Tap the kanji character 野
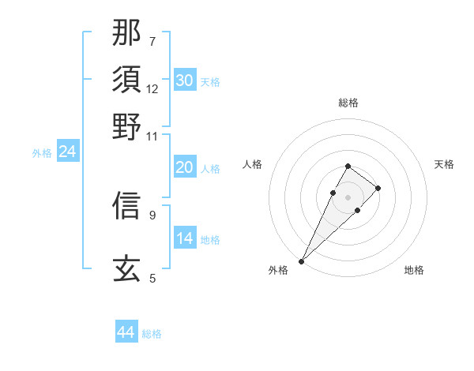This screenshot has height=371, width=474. click(126, 126)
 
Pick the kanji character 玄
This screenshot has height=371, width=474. click(126, 268)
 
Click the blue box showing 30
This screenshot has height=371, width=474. click(185, 81)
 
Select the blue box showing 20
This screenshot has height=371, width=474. click(185, 167)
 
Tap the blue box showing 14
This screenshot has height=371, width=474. click(185, 238)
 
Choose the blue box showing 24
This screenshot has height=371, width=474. click(68, 152)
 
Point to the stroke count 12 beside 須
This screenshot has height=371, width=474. click(152, 88)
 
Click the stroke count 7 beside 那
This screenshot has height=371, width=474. click(152, 40)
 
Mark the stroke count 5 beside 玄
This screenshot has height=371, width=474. click(152, 277)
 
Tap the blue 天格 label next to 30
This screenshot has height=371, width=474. click(210, 82)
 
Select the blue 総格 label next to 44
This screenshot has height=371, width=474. click(152, 334)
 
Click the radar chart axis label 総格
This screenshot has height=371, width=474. click(348, 103)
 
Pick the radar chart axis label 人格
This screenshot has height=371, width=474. click(253, 164)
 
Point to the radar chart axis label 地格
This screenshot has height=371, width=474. click(414, 270)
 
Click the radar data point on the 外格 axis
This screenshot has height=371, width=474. click(302, 260)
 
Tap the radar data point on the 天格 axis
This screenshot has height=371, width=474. click(378, 188)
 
